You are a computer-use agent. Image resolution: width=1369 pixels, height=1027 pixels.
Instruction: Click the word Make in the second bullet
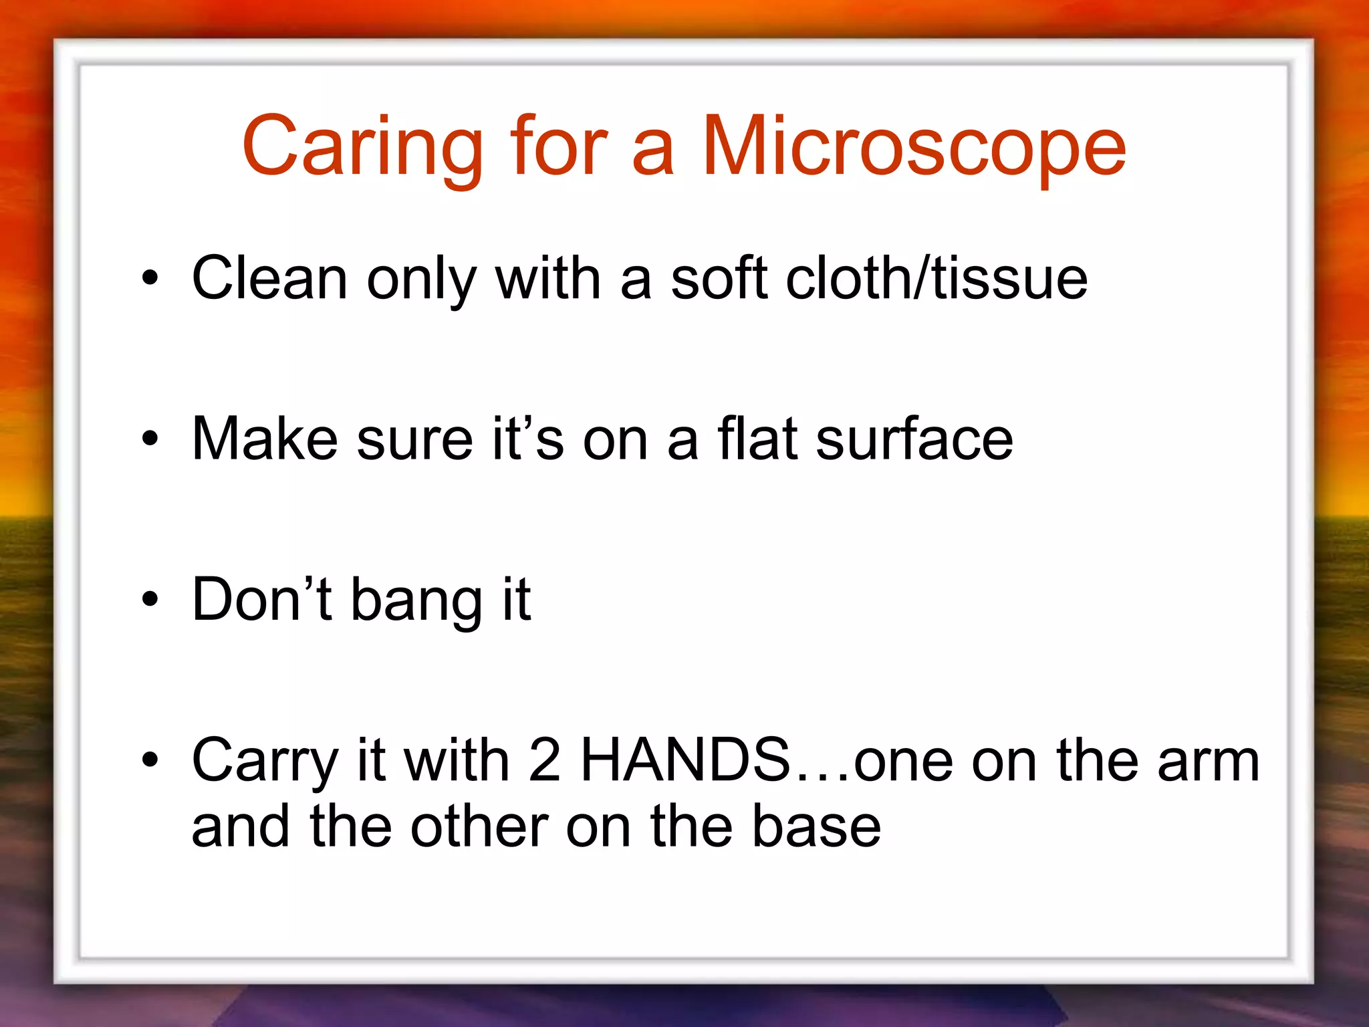(265, 439)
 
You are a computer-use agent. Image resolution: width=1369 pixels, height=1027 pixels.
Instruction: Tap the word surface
(914, 439)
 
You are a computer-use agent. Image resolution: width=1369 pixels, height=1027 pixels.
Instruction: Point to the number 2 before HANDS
(545, 760)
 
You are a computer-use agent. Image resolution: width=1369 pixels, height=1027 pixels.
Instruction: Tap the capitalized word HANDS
(686, 760)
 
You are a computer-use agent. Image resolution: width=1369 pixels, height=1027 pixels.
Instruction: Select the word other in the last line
(479, 828)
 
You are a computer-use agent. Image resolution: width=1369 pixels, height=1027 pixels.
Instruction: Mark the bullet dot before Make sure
(150, 439)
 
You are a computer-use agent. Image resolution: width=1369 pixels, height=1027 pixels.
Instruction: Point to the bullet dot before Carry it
(150, 760)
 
